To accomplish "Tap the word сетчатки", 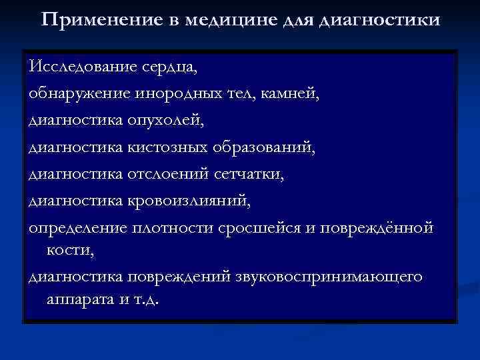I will click(251, 174).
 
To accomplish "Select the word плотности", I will click(171, 227).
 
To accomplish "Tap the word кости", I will click(69, 249).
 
